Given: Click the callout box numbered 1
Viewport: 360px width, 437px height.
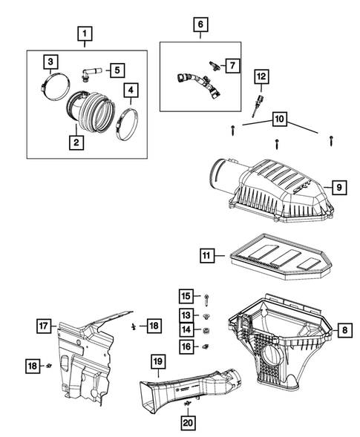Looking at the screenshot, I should (x=87, y=33).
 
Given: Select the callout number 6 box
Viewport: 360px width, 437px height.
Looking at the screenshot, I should (x=200, y=24).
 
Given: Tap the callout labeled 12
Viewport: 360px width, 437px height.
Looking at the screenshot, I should (x=261, y=76).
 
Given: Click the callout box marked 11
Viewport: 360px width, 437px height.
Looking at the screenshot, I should (x=208, y=256).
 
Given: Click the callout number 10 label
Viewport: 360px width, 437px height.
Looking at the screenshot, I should (x=279, y=119).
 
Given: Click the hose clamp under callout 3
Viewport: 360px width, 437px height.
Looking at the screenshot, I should (x=52, y=84).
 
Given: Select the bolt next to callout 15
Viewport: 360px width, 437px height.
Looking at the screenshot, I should (x=204, y=299).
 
